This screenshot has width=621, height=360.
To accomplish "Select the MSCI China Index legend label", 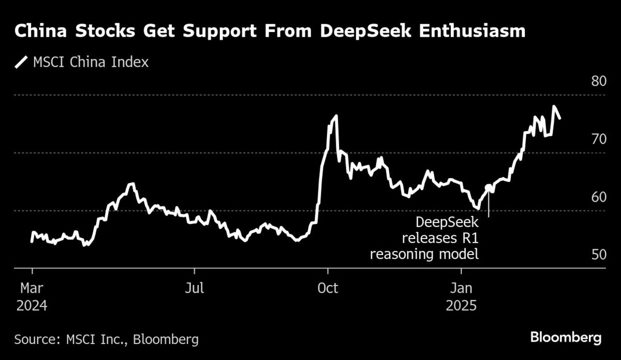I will tap(91, 63).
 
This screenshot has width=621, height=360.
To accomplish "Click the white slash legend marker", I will tap(21, 63).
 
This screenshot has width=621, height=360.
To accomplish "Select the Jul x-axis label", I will tap(195, 288).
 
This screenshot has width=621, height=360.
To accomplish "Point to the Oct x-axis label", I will tap(327, 288).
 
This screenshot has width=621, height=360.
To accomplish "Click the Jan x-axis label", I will tap(461, 288).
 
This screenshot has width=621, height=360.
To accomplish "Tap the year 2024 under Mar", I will tap(32, 305).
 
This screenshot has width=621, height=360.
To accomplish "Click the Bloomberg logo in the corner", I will tap(566, 338).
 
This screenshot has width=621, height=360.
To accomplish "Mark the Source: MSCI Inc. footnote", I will tap(107, 339).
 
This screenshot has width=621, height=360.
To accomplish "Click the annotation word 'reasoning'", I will tap(400, 254).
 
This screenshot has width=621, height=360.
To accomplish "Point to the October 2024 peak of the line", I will tap(336, 116).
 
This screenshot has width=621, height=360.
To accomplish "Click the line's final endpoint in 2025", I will tap(560, 118).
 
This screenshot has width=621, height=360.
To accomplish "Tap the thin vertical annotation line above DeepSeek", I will tap(489, 204).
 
